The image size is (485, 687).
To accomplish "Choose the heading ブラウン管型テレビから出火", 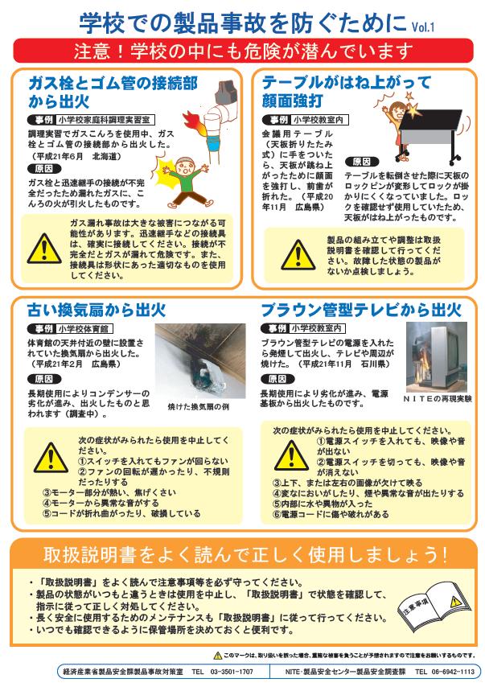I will pos(360,310).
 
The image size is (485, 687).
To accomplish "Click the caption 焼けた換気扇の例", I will pos(198,407).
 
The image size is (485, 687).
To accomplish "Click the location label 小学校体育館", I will pos(84,329).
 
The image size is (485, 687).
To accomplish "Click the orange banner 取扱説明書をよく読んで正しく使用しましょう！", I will pos(242,555).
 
